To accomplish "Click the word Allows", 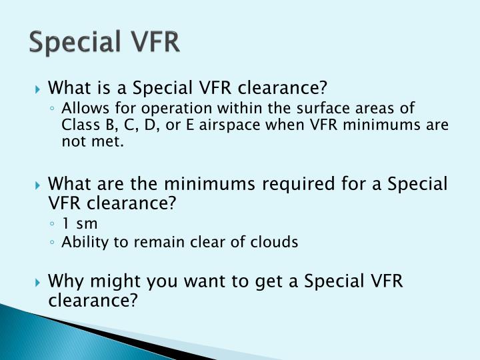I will pos(81,109).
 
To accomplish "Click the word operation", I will pos(162,109).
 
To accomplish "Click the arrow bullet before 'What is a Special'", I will pos(39,88).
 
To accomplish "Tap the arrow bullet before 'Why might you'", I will pos(39,281).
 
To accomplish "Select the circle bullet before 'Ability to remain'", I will pos(52,243).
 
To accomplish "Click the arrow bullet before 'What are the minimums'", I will pos(39,185).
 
